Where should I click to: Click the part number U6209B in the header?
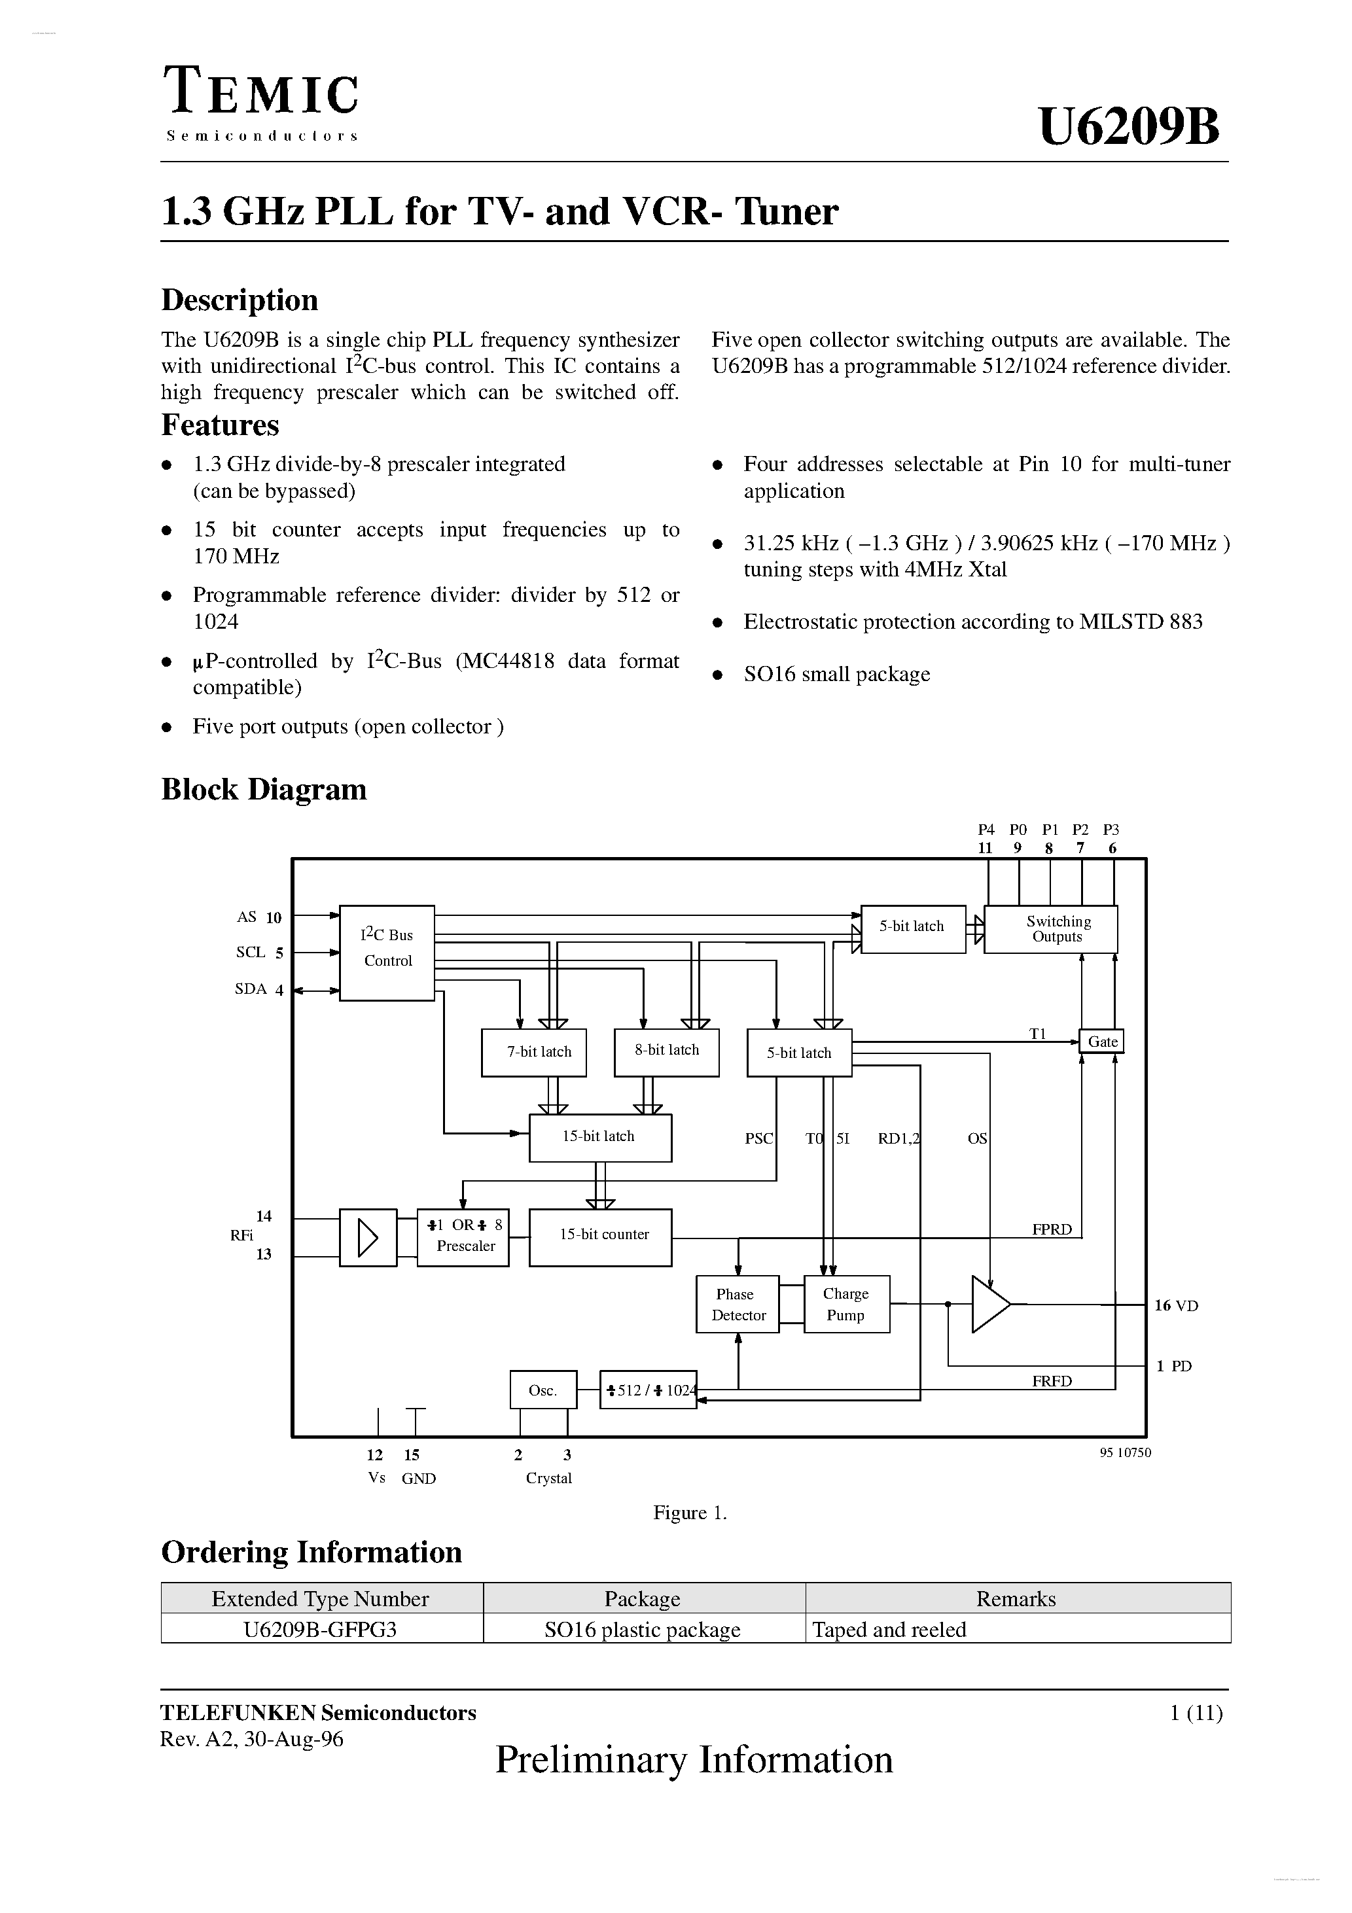coord(1129,128)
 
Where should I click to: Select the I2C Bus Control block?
coord(387,953)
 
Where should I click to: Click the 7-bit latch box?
coord(533,1052)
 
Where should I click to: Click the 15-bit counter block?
coord(600,1237)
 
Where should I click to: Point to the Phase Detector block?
coord(737,1304)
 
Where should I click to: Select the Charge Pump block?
coord(846,1304)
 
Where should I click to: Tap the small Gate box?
coord(1102,1042)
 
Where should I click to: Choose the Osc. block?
coord(543,1390)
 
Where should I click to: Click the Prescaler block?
coord(463,1237)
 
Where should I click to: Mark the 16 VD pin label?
coord(1175,1306)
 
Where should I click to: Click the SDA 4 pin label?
coord(259,989)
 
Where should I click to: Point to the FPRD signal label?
coord(1051,1230)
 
